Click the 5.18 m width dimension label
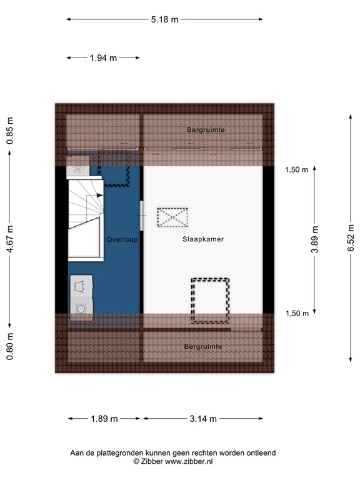[x=164, y=19]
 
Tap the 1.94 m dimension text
[x=103, y=58]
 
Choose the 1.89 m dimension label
[x=104, y=419]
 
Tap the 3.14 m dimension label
[x=203, y=419]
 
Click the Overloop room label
[x=121, y=239]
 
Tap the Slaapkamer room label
[x=203, y=239]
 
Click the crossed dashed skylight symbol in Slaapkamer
[x=172, y=217]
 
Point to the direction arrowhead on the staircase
[x=99, y=196]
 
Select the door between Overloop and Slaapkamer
[x=142, y=216]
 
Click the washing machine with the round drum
[x=81, y=307]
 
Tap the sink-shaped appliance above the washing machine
[x=81, y=286]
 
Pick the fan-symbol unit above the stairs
[x=78, y=169]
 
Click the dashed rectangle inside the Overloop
[x=114, y=169]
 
